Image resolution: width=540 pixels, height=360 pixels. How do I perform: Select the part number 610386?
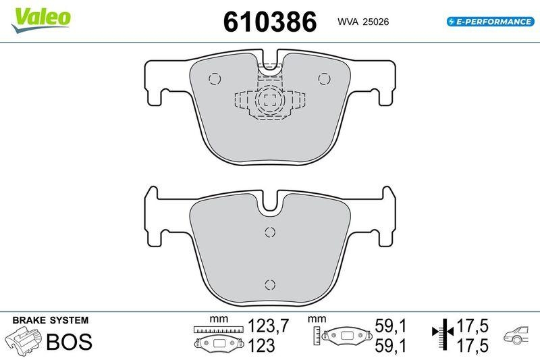pos(270,22)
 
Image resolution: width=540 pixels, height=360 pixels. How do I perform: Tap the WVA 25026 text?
pos(362,22)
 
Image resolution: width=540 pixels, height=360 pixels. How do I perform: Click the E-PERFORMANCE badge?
pos(490,22)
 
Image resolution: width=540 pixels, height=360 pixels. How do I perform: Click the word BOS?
pos(68,342)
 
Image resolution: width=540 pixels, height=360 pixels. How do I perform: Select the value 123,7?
pos(269,327)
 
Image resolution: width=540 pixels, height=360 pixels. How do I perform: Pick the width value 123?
pos(261,346)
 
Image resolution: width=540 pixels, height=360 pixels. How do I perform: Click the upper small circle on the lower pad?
pos(269,233)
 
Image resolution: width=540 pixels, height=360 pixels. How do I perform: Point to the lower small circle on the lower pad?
pos(269,284)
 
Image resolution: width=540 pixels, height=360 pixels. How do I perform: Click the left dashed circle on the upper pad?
pos(215,78)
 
